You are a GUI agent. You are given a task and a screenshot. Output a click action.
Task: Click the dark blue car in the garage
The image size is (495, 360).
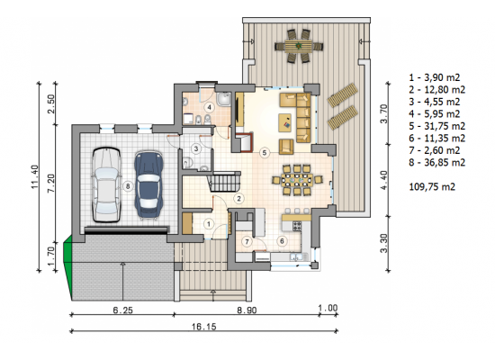[x=148, y=185]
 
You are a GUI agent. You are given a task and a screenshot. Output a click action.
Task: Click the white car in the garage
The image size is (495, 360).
[x=107, y=184]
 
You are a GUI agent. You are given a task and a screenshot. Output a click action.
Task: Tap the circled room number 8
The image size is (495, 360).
[x=128, y=186]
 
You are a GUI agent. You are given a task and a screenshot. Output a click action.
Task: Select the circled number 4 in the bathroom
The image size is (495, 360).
[x=209, y=108]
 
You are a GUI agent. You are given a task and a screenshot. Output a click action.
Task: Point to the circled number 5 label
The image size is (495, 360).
[x=265, y=153]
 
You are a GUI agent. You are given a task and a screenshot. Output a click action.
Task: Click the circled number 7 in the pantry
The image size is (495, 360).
[x=247, y=242]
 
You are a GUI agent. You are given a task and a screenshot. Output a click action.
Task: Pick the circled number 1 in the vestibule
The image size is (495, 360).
[x=209, y=224]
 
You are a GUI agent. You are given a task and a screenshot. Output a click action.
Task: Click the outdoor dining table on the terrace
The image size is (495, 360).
[x=298, y=46]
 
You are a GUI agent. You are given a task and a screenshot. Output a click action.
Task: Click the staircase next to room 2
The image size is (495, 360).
[x=224, y=182]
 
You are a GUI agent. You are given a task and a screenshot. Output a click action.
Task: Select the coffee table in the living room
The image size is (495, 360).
[x=285, y=122]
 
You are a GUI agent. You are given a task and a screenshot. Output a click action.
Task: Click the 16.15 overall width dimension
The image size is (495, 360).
[x=204, y=327]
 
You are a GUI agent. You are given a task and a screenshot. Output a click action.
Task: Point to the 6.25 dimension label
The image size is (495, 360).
[x=122, y=310]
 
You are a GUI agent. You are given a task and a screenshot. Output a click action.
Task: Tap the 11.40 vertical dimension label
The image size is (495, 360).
[x=35, y=176]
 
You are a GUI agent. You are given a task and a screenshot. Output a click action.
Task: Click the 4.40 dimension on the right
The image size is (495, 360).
[x=384, y=180]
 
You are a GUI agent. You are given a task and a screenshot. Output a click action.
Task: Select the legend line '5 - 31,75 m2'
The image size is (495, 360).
[x=436, y=126]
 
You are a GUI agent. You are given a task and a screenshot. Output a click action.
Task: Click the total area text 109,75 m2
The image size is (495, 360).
[x=432, y=186]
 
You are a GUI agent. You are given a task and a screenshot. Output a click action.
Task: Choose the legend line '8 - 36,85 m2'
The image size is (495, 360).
[x=436, y=163]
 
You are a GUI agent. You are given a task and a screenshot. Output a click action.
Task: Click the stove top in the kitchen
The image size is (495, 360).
[x=297, y=226]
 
